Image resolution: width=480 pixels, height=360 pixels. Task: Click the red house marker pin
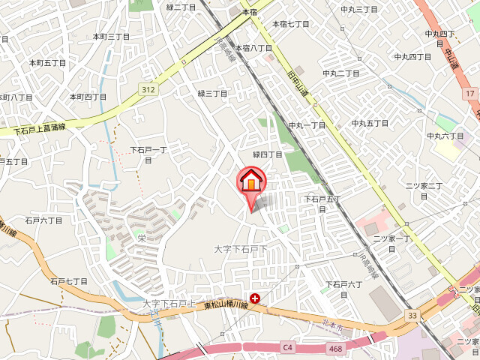point(252,181)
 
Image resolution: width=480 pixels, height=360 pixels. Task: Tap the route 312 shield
point(148,89)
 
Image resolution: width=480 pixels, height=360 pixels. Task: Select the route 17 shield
point(469,93)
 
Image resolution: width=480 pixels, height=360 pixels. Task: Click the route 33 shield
point(412,316)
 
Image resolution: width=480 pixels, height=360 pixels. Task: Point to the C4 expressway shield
point(287,346)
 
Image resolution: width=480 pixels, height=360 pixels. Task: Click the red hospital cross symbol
point(255,298)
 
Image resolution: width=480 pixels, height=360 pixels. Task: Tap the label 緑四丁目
point(268,154)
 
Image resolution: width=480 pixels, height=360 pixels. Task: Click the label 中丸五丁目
point(370,123)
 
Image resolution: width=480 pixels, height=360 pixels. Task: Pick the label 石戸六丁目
point(43,220)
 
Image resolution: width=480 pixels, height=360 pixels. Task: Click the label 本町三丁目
point(112,36)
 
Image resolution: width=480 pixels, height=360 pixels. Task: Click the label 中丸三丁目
point(359,9)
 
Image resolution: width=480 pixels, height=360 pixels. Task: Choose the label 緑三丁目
point(212,93)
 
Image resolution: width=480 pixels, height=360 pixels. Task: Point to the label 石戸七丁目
point(69,281)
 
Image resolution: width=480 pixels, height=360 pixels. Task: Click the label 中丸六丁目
point(445,136)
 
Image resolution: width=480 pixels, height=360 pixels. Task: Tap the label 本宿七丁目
point(291,24)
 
